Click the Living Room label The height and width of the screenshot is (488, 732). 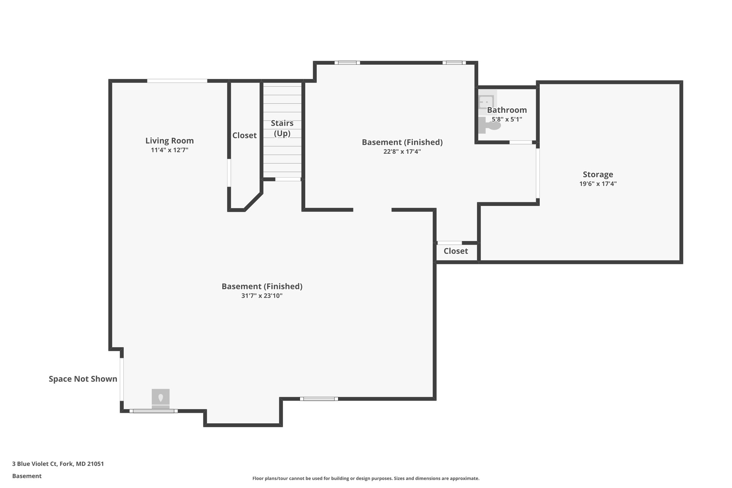tap(169, 141)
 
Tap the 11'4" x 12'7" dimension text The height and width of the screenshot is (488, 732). tap(169, 150)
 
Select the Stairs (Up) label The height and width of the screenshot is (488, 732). tap(282, 128)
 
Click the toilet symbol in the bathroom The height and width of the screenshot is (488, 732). tap(488, 125)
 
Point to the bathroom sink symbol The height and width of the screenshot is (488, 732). tap(486, 99)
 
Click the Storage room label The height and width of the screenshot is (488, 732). tap(598, 174)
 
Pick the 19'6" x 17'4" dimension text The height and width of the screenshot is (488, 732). tap(598, 184)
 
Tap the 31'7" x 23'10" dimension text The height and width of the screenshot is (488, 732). tap(262, 296)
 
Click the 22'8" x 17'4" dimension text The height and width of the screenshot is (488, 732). tap(402, 152)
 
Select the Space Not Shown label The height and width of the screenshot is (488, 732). tap(83, 379)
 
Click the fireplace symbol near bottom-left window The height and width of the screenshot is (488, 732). tap(160, 398)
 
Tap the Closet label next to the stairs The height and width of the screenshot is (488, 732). tap(244, 135)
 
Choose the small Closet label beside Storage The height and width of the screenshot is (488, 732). tap(456, 251)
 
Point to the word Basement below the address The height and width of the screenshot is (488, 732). tap(27, 476)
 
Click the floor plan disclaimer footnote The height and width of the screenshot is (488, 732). tap(366, 478)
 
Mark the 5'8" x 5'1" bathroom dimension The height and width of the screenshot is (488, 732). tap(507, 119)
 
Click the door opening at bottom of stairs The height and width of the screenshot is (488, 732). tap(288, 179)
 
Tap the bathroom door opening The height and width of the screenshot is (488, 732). tap(520, 142)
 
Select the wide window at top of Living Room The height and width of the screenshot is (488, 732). tap(177, 81)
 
